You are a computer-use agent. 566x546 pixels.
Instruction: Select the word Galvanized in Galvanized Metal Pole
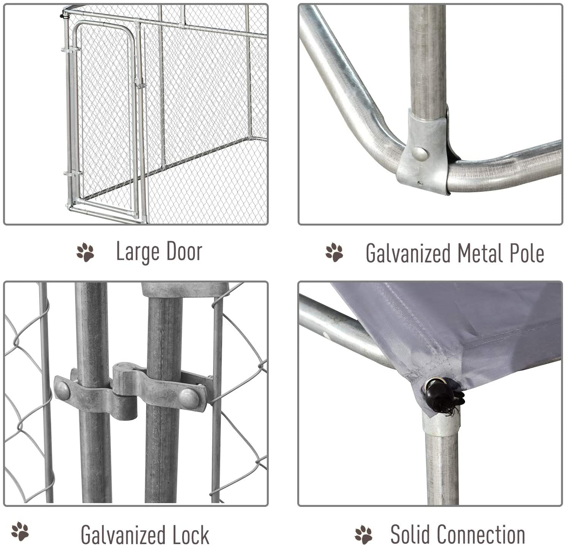pyautogui.click(x=408, y=253)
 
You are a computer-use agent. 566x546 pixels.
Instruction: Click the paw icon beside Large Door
pyautogui.click(x=85, y=252)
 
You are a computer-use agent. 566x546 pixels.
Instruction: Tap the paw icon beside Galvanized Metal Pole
pyautogui.click(x=334, y=252)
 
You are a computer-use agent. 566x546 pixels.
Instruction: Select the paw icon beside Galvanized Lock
pyautogui.click(x=20, y=532)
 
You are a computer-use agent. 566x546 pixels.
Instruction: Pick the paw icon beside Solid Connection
pyautogui.click(x=363, y=535)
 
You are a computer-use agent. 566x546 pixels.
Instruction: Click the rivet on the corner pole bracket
pyautogui.click(x=420, y=153)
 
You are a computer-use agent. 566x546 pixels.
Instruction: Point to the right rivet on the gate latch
pyautogui.click(x=189, y=397)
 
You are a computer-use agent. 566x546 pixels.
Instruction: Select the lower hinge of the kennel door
pyautogui.click(x=73, y=174)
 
